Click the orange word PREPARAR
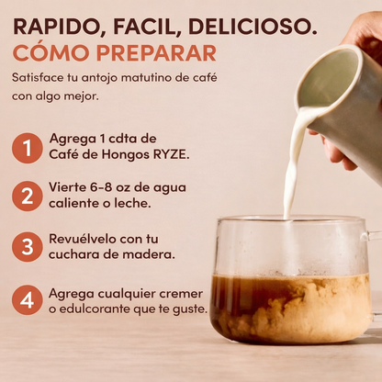pos(156,53)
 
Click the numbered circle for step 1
pos(28,148)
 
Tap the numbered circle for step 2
pos(28,197)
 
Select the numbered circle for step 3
pos(28,247)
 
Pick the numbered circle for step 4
pos(28,300)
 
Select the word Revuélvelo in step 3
pos(82,239)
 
